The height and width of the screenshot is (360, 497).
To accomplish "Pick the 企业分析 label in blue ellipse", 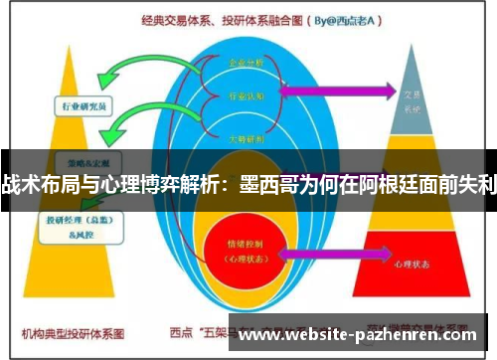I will point(248,62).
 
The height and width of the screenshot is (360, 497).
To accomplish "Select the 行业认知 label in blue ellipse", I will point(248,96).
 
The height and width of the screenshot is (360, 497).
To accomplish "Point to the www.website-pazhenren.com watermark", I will point(358,335).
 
